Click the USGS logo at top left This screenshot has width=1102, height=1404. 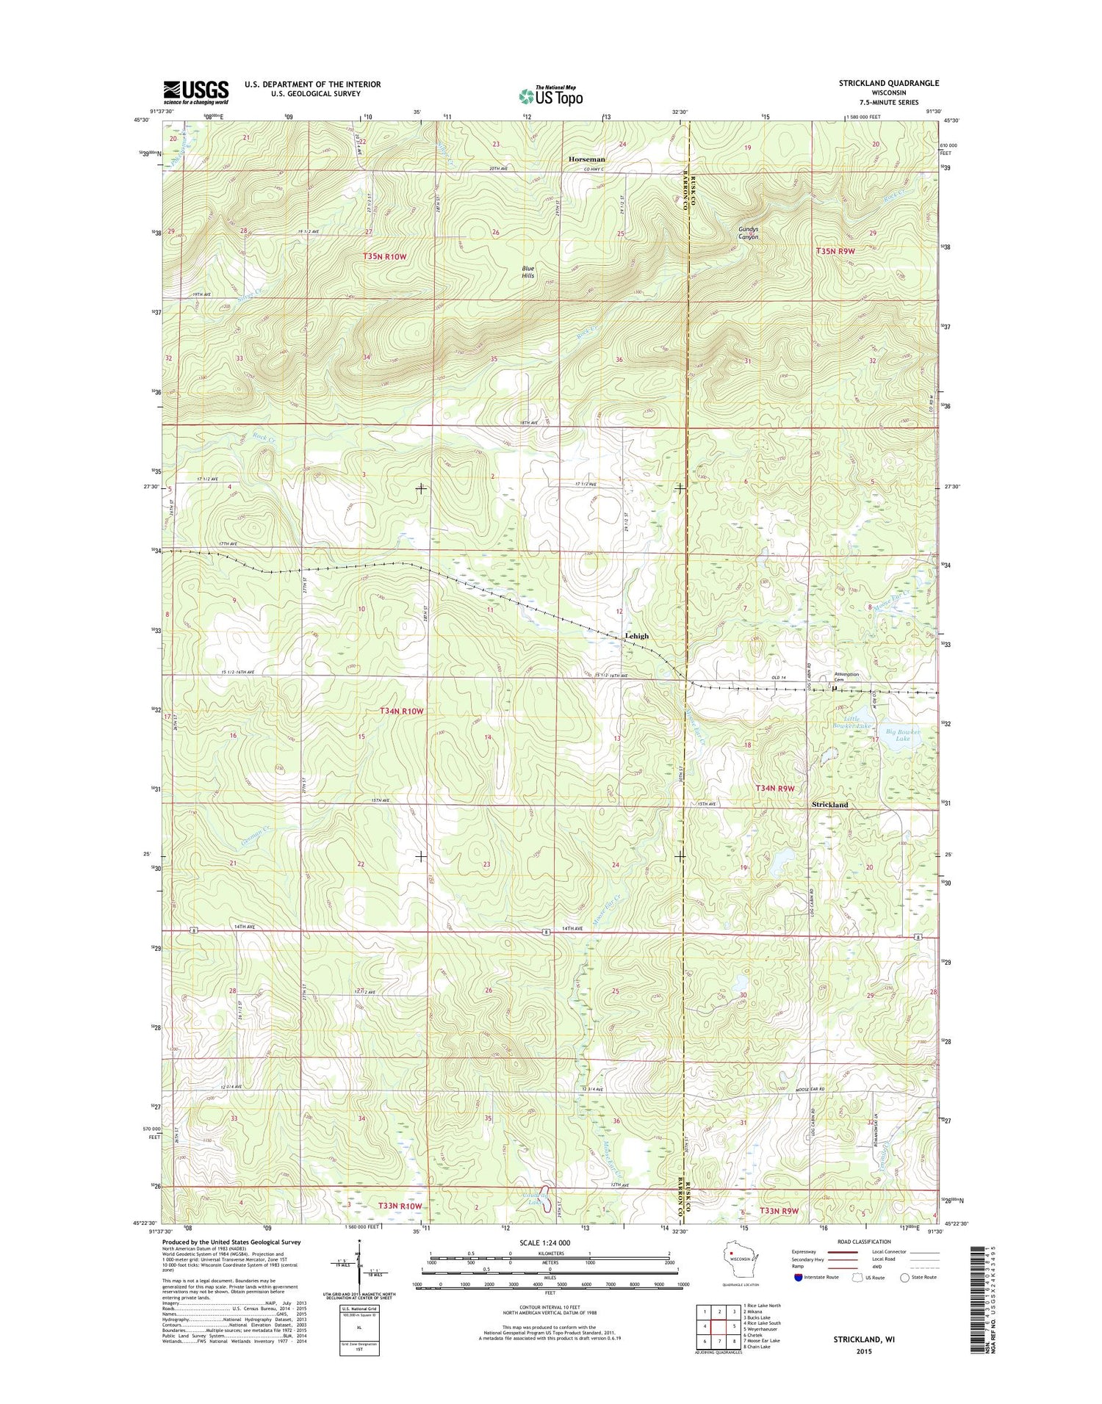(x=195, y=93)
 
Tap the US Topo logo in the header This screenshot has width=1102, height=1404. (x=551, y=95)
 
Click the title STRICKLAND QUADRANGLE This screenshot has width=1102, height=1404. (x=888, y=84)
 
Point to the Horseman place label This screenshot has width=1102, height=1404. (x=586, y=159)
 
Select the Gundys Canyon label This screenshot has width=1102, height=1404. (x=748, y=233)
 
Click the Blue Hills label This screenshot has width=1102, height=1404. (x=527, y=272)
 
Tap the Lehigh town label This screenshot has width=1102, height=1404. (x=636, y=636)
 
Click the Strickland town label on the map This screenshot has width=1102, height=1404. (x=829, y=805)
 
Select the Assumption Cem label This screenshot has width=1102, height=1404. (x=846, y=676)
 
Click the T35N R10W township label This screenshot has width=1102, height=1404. (x=384, y=256)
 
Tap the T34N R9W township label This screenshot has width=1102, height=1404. (x=775, y=788)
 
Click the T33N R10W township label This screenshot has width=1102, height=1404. (x=400, y=1206)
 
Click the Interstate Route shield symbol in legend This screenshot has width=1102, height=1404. (x=798, y=1277)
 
